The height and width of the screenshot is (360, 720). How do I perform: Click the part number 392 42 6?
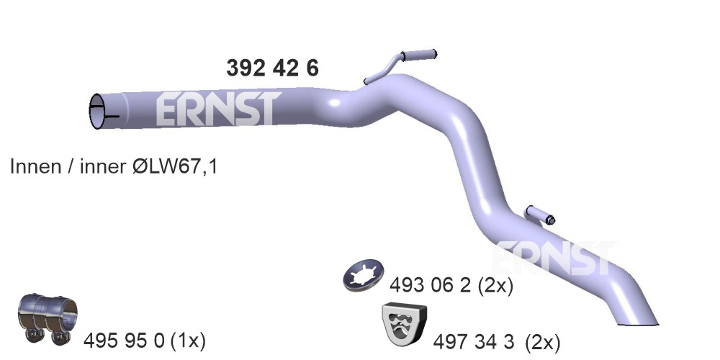coord(272,68)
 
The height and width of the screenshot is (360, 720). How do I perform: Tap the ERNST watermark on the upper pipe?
coord(218,109)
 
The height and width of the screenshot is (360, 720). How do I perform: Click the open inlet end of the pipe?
coord(97,111)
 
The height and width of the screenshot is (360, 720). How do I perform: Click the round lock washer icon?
coord(363,276)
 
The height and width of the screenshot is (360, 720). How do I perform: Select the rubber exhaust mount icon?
coord(404,324)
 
